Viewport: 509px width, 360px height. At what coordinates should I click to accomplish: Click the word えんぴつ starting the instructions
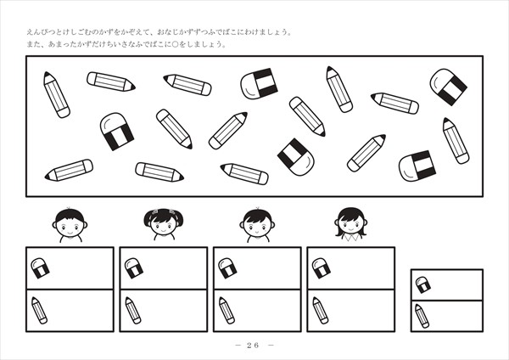(41, 32)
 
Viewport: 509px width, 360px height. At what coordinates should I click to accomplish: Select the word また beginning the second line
(33, 44)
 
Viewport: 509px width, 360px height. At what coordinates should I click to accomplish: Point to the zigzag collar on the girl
(351, 238)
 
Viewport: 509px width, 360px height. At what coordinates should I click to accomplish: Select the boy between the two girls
(257, 225)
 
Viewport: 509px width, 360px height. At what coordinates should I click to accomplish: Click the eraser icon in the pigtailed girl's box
(134, 268)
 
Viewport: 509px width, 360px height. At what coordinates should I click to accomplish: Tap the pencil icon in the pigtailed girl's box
(133, 310)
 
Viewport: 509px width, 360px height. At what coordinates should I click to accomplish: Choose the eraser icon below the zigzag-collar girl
(322, 268)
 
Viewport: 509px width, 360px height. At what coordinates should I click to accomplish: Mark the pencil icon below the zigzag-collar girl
(321, 310)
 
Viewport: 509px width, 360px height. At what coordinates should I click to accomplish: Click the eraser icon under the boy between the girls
(227, 268)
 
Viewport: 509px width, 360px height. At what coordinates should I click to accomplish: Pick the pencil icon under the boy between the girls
(227, 310)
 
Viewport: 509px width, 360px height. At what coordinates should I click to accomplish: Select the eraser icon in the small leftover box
(423, 284)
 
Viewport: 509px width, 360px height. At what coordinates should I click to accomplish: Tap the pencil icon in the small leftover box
(422, 316)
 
